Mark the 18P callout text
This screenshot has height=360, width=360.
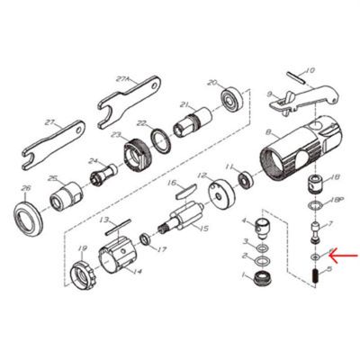click(339, 202)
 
